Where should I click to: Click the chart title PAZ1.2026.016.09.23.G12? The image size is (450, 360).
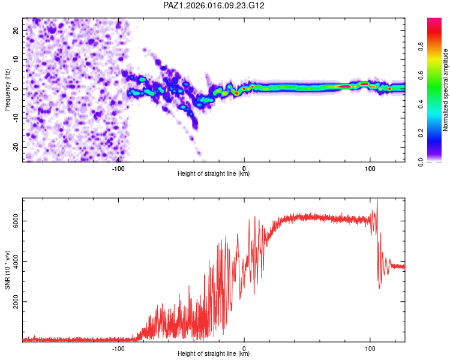214,5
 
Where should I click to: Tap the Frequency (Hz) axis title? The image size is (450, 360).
8,89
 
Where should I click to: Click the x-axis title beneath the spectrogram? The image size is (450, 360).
214,174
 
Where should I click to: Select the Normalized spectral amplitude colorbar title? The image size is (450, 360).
445,89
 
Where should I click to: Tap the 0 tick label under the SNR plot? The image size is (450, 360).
244,347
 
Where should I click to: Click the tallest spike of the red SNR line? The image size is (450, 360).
377,200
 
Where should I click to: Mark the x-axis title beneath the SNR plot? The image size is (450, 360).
214,354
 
